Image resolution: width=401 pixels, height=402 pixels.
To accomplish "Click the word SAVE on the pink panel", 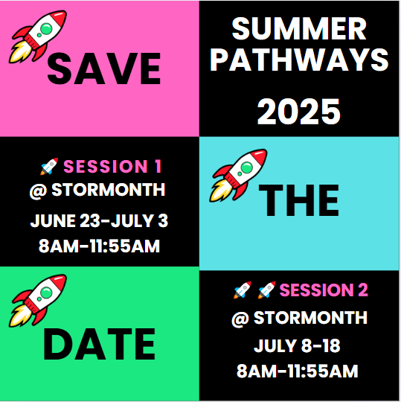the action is [104, 68].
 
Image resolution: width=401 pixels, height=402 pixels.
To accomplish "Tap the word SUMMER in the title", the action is [299, 29].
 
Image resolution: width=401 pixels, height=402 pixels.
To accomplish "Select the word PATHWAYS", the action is [299, 60].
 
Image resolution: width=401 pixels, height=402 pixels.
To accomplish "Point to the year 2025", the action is [299, 112].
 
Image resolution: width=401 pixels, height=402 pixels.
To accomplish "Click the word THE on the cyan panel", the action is [299, 200].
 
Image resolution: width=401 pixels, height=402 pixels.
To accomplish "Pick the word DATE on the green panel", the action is [99, 345].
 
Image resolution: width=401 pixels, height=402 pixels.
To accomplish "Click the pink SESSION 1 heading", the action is [112, 167].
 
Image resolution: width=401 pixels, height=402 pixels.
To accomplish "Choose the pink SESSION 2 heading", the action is [324, 290].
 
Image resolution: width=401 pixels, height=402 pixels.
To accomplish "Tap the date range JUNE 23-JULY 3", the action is [99, 221].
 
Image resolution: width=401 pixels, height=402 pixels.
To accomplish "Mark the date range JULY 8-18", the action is [298, 345].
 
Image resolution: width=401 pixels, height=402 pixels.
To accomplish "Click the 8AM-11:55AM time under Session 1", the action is [99, 246].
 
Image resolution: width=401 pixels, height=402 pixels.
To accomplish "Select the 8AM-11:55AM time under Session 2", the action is [298, 371].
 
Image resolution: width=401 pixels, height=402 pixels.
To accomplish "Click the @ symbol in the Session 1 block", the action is [38, 191].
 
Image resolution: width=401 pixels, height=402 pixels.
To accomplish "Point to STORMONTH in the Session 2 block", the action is [310, 318].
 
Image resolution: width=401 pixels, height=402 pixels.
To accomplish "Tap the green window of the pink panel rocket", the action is [46, 28].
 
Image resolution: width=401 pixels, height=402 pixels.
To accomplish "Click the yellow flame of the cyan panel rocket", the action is [220, 191].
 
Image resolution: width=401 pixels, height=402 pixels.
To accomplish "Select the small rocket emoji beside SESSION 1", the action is [49, 167].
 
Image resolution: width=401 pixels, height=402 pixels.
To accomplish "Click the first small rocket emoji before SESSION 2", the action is [242, 290].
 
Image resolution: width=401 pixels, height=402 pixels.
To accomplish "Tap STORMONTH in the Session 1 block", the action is [109, 190].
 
